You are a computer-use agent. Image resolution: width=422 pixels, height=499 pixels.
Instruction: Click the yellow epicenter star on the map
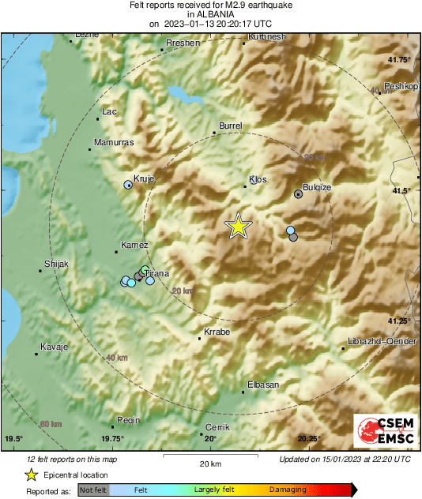point(238,227)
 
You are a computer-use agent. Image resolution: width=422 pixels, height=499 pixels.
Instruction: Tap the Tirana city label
point(157,273)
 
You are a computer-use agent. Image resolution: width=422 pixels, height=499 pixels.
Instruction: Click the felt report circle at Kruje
point(128,185)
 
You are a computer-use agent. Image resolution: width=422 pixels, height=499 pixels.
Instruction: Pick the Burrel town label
point(230,126)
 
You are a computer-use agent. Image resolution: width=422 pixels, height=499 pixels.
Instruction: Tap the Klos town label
point(258,180)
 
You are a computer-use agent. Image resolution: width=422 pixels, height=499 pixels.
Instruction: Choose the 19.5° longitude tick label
point(14,438)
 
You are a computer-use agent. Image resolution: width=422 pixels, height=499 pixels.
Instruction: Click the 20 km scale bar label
point(209,463)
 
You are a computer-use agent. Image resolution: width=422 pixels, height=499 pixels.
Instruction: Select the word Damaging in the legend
point(288,490)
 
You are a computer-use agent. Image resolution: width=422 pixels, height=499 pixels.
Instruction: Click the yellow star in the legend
point(32,475)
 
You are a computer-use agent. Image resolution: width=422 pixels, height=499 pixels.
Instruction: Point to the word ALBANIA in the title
point(211,14)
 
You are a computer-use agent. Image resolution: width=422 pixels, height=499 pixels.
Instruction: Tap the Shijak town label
point(57,264)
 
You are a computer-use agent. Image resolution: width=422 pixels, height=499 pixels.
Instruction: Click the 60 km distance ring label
point(51,424)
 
